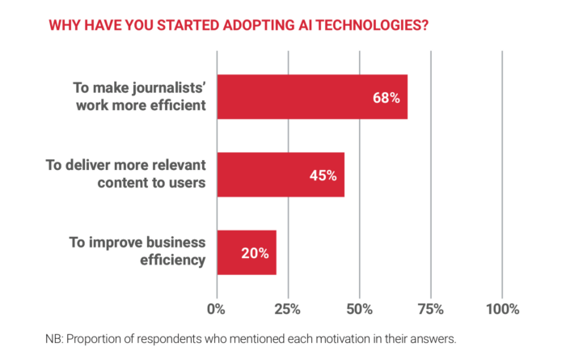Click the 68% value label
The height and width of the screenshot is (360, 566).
[x=386, y=97]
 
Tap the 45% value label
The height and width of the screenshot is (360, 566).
[x=323, y=175]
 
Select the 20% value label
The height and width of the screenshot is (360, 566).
[x=254, y=252]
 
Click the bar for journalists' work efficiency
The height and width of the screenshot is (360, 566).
[x=311, y=97]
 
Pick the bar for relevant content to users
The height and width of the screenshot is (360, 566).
[x=280, y=175]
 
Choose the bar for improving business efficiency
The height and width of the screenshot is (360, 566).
[x=246, y=252]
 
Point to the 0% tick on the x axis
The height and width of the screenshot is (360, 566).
[x=216, y=309]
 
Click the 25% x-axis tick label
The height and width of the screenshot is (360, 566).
[x=288, y=309]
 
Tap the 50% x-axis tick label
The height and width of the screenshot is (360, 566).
[x=359, y=309]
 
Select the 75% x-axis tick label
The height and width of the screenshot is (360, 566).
[x=431, y=309]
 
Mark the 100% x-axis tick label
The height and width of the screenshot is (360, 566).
[x=501, y=309]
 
